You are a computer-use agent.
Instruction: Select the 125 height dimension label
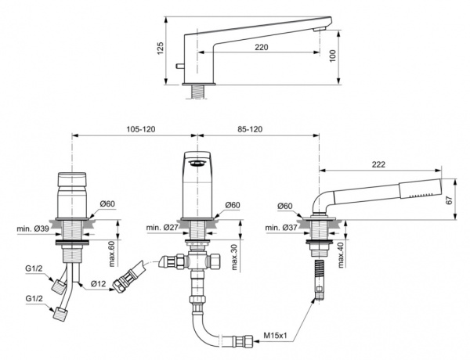(x=161, y=49)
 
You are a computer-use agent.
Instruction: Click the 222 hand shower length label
(x=378, y=164)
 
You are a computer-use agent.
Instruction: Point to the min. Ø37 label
(x=281, y=228)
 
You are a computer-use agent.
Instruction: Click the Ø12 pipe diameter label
(x=98, y=283)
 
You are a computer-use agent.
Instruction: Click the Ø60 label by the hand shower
(x=287, y=206)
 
